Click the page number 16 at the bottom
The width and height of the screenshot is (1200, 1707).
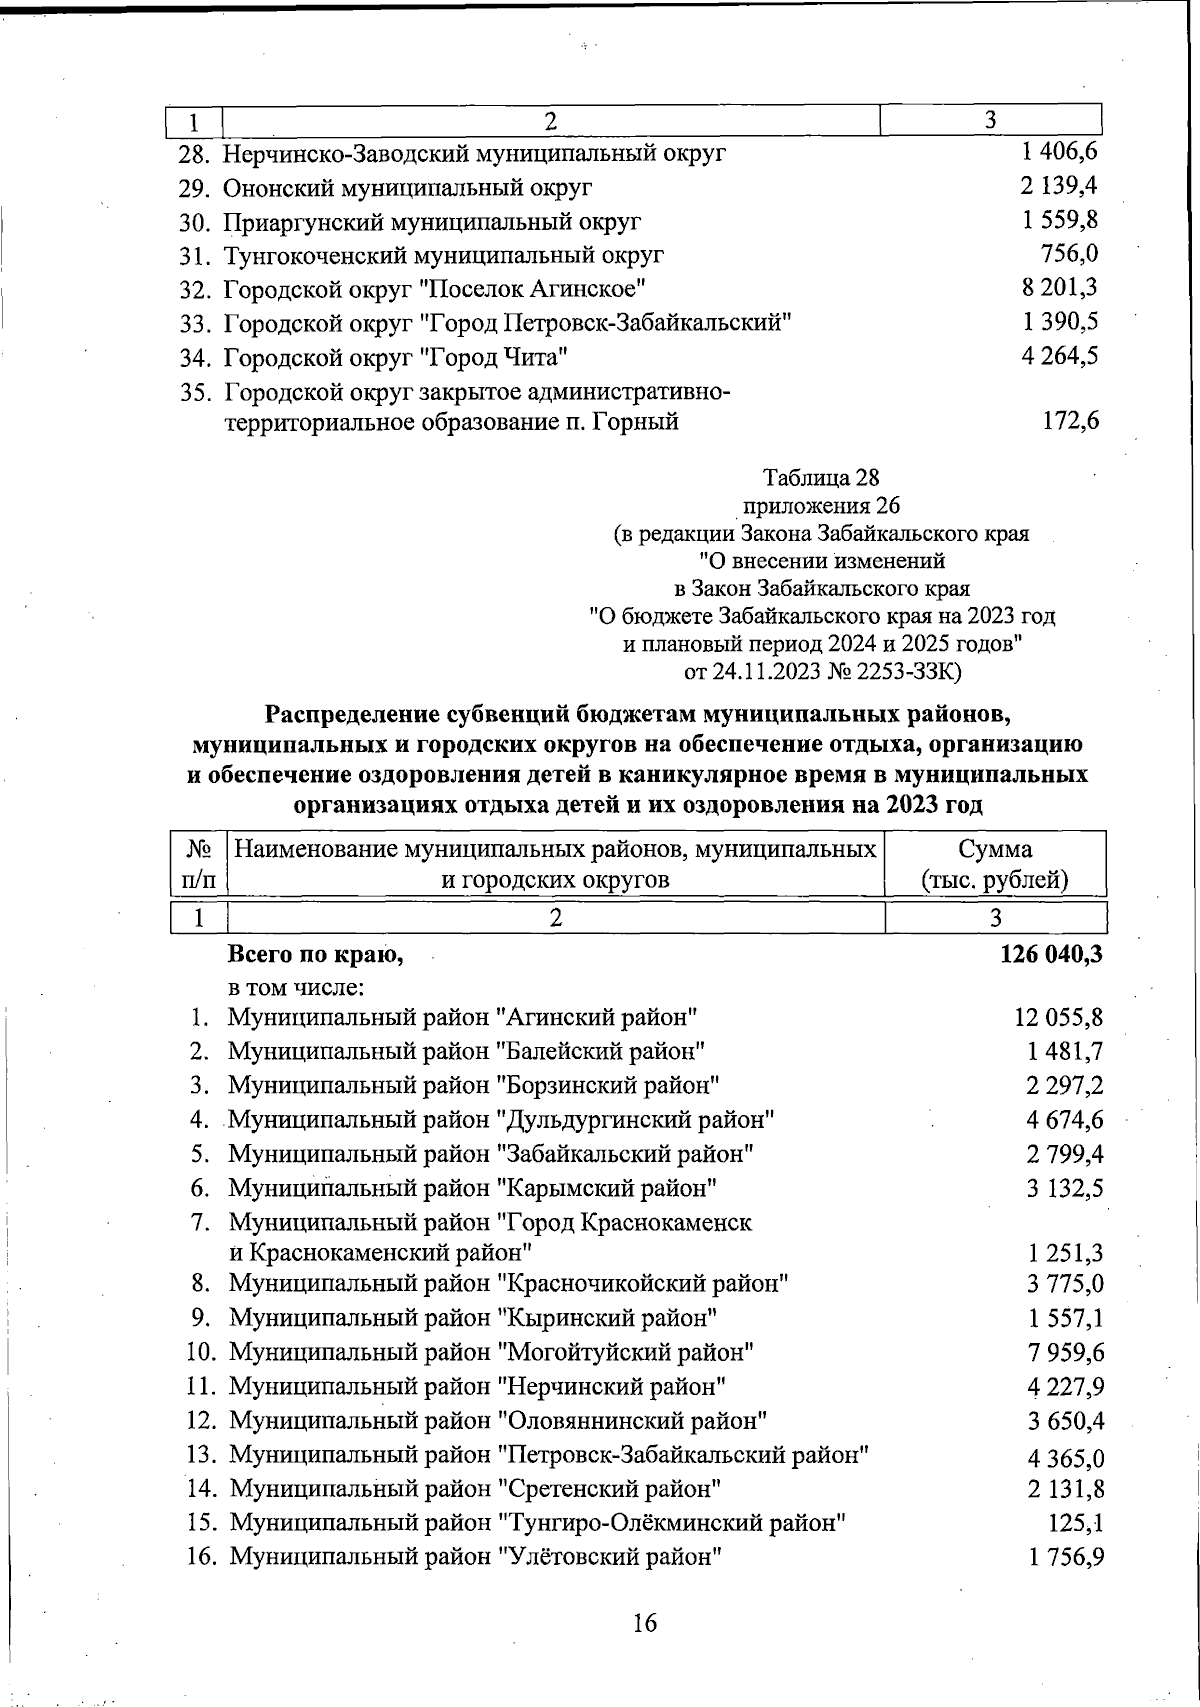[x=645, y=1622]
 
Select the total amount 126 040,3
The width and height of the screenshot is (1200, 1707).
[x=1050, y=954]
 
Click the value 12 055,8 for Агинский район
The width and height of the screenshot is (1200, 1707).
[x=1058, y=1018]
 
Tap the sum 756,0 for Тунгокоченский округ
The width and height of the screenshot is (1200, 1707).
[x=1069, y=254]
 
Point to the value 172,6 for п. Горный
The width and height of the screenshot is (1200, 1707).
[x=1070, y=422]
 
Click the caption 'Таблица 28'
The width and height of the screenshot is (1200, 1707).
[x=820, y=476]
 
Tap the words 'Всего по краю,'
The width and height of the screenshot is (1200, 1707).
[x=316, y=954]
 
